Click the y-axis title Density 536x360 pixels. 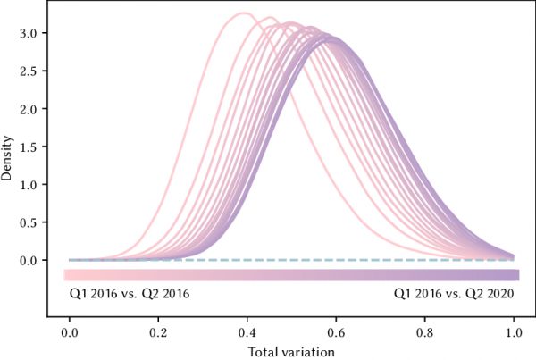[x=8, y=159]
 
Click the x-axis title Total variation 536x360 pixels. [x=292, y=351]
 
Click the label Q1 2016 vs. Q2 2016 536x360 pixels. [x=129, y=293]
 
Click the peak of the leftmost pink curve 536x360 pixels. [x=243, y=13]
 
